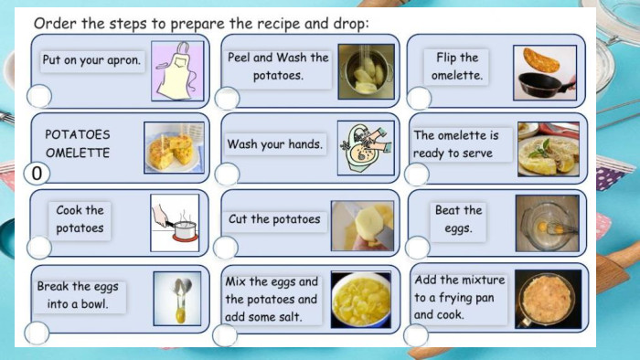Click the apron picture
point(177,71)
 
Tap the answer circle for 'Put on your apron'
point(39,96)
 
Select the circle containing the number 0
point(37,174)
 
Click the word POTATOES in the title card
point(78,134)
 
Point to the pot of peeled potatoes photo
point(366,72)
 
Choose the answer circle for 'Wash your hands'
point(227,175)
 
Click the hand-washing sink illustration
point(366,148)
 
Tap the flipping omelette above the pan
point(541,60)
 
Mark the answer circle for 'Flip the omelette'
point(419,99)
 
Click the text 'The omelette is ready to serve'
point(456,144)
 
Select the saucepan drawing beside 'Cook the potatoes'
point(175,223)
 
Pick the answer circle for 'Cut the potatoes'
point(225,248)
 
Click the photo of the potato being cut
point(362,226)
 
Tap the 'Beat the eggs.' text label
point(458,219)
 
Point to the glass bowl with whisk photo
point(548,224)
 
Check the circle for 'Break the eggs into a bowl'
point(37,333)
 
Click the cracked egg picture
point(177,299)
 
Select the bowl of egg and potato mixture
point(361,300)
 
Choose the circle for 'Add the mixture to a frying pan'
point(416,335)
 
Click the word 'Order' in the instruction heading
point(55,23)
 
